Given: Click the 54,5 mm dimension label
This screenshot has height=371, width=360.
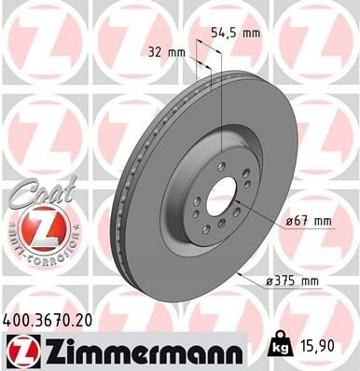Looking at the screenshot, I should tap(234, 32).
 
